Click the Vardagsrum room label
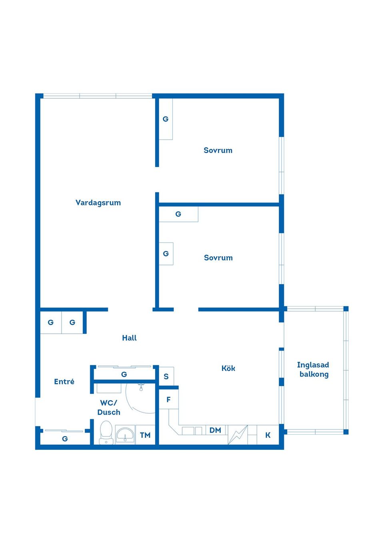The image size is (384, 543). tap(98, 203)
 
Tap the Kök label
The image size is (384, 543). tap(228, 368)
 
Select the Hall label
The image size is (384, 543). tap(129, 338)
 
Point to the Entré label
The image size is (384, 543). tap(64, 381)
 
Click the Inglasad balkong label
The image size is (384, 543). tap(313, 369)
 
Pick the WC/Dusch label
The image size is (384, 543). tap(109, 407)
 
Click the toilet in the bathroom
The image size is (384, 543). tap(106, 433)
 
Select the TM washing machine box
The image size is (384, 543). tap(145, 435)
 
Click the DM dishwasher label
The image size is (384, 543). tap(215, 430)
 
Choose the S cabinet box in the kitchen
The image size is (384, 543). tap(166, 376)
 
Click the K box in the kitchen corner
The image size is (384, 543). tap(268, 435)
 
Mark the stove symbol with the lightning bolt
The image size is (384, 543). tap(238, 435)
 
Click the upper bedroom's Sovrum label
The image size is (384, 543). tap(218, 150)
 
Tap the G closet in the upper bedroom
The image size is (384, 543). tap(166, 119)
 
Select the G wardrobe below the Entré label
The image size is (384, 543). tap(65, 438)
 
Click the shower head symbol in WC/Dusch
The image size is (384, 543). tap(141, 387)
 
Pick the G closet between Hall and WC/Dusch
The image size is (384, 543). tap(124, 375)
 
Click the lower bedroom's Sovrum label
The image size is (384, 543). tap(218, 258)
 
